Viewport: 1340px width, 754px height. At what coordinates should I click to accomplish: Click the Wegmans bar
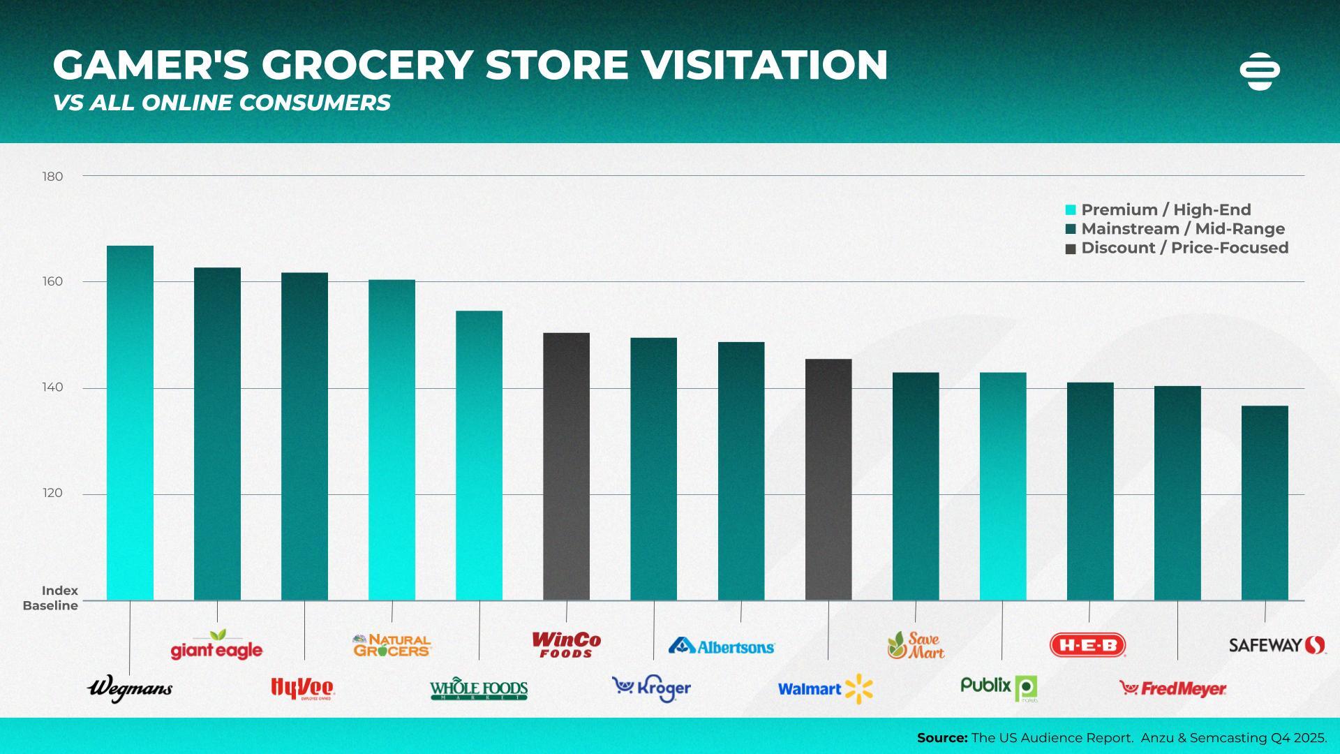[x=130, y=422]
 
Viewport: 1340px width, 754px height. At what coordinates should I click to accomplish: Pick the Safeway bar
[x=1265, y=503]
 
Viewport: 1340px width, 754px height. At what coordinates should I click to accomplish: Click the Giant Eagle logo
[x=216, y=646]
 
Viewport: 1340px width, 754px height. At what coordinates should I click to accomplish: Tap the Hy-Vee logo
[x=303, y=688]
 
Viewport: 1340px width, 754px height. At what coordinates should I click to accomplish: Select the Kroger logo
[x=651, y=688]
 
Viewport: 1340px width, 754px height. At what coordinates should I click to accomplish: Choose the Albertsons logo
[x=722, y=646]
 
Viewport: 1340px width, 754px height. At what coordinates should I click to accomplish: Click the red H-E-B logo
[x=1088, y=645]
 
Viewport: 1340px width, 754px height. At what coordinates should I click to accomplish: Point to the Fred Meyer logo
[x=1172, y=689]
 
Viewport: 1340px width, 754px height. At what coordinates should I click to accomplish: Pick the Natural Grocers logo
[x=392, y=645]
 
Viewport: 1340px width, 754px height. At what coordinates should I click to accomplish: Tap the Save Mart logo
[x=916, y=646]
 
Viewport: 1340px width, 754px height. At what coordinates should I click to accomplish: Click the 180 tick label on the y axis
[x=52, y=177]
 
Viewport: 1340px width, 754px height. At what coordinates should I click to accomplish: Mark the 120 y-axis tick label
[x=52, y=493]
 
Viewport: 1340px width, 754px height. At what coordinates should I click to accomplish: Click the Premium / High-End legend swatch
[x=1071, y=210]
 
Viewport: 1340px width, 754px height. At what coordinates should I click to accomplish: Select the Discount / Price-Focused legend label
[x=1184, y=248]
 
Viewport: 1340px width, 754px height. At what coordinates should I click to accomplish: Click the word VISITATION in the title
[x=765, y=65]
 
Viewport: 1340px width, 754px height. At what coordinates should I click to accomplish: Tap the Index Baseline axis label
[x=51, y=598]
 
